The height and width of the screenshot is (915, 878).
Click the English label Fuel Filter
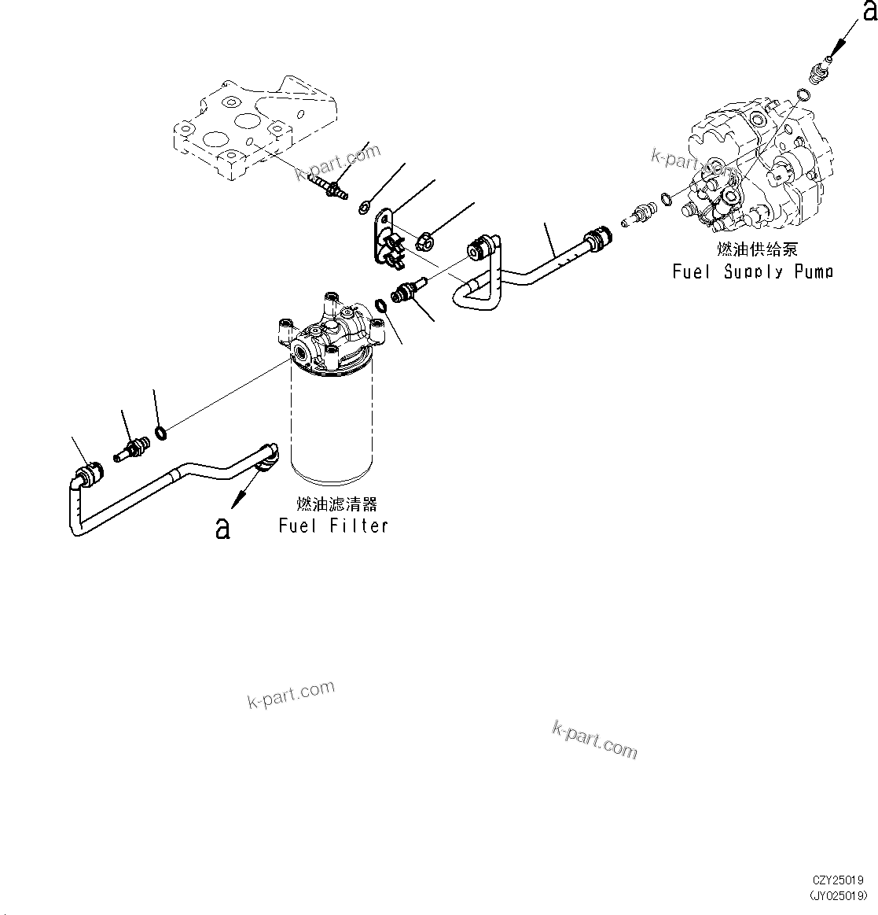(333, 526)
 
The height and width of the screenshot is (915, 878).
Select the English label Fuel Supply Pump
(752, 271)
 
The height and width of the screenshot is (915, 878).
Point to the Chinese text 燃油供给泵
(757, 249)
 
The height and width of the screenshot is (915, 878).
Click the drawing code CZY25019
(839, 880)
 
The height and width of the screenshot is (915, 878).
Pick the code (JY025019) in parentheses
(839, 895)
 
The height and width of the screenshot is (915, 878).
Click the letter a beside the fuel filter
(223, 528)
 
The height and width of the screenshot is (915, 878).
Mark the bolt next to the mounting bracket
(329, 186)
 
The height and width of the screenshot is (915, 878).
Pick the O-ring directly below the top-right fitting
(801, 97)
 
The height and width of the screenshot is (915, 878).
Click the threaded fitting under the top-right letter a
(818, 73)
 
